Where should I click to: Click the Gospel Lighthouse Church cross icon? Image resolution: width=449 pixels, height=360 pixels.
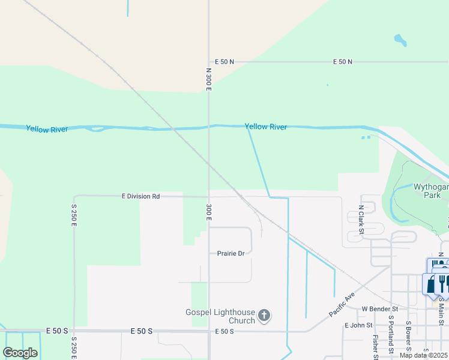[264, 316]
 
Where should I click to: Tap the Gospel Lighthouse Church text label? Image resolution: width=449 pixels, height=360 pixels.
[221, 316]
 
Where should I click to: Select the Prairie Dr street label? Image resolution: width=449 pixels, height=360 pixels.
[231, 253]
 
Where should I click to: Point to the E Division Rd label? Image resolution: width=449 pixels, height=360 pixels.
[140, 196]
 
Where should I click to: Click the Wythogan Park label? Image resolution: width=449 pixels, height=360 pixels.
[430, 191]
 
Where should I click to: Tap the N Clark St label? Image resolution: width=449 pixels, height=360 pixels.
[361, 220]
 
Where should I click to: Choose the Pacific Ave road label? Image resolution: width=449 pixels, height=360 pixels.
[342, 305]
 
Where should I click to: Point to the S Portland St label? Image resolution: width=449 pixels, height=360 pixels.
[391, 344]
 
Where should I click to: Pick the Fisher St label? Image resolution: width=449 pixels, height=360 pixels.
[375, 348]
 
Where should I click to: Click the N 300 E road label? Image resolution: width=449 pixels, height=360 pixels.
[209, 79]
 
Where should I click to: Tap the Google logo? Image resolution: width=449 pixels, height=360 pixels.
[20, 352]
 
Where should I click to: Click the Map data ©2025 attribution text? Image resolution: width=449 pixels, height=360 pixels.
[424, 355]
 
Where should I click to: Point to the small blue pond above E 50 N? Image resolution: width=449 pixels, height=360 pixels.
[399, 41]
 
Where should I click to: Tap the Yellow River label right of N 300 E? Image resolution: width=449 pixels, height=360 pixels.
[265, 127]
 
